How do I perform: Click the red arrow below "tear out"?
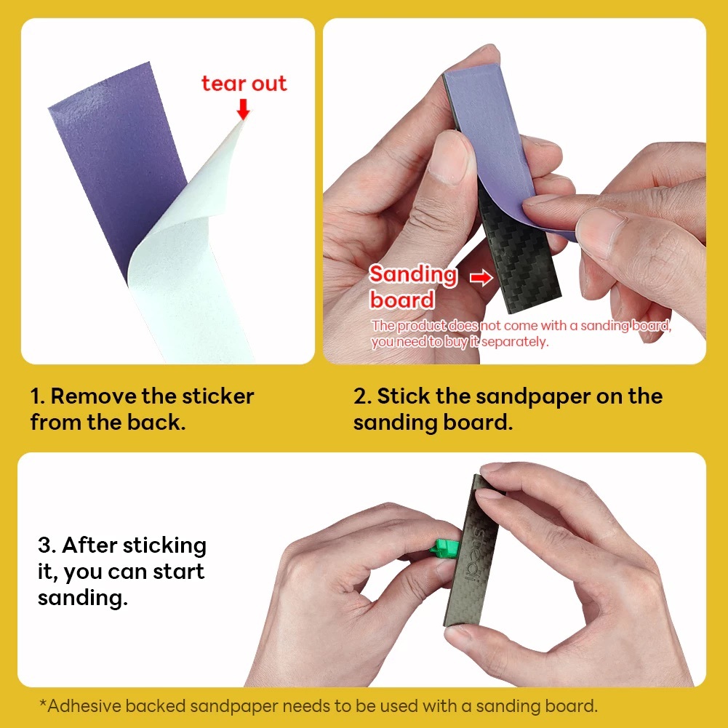coord(243,108)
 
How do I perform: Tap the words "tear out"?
coord(244,84)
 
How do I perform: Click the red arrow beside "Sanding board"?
coord(481,278)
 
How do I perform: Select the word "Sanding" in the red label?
coord(413,275)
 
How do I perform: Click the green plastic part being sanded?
coord(444,548)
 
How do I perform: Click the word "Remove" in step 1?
coord(92,396)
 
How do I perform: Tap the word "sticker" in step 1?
coord(217,396)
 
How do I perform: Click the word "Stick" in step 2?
coord(403,396)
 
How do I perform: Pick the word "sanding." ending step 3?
coord(83,598)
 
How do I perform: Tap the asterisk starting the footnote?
coord(43,703)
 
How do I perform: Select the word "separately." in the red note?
coord(515,342)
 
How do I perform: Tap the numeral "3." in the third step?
coord(47,545)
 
